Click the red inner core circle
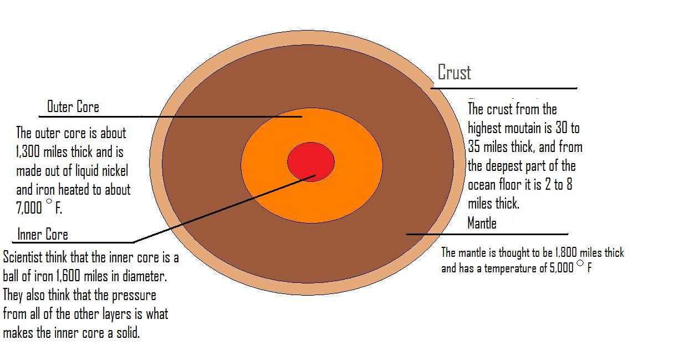tap(310, 161)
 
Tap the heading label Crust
tap(454, 72)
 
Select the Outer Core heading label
tap(73, 107)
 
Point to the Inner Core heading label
tap(43, 234)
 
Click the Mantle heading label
tap(482, 223)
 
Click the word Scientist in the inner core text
tap(27, 258)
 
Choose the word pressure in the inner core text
tap(133, 295)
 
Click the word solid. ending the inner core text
tap(125, 333)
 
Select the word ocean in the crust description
tap(484, 185)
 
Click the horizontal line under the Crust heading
tap(504, 88)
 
